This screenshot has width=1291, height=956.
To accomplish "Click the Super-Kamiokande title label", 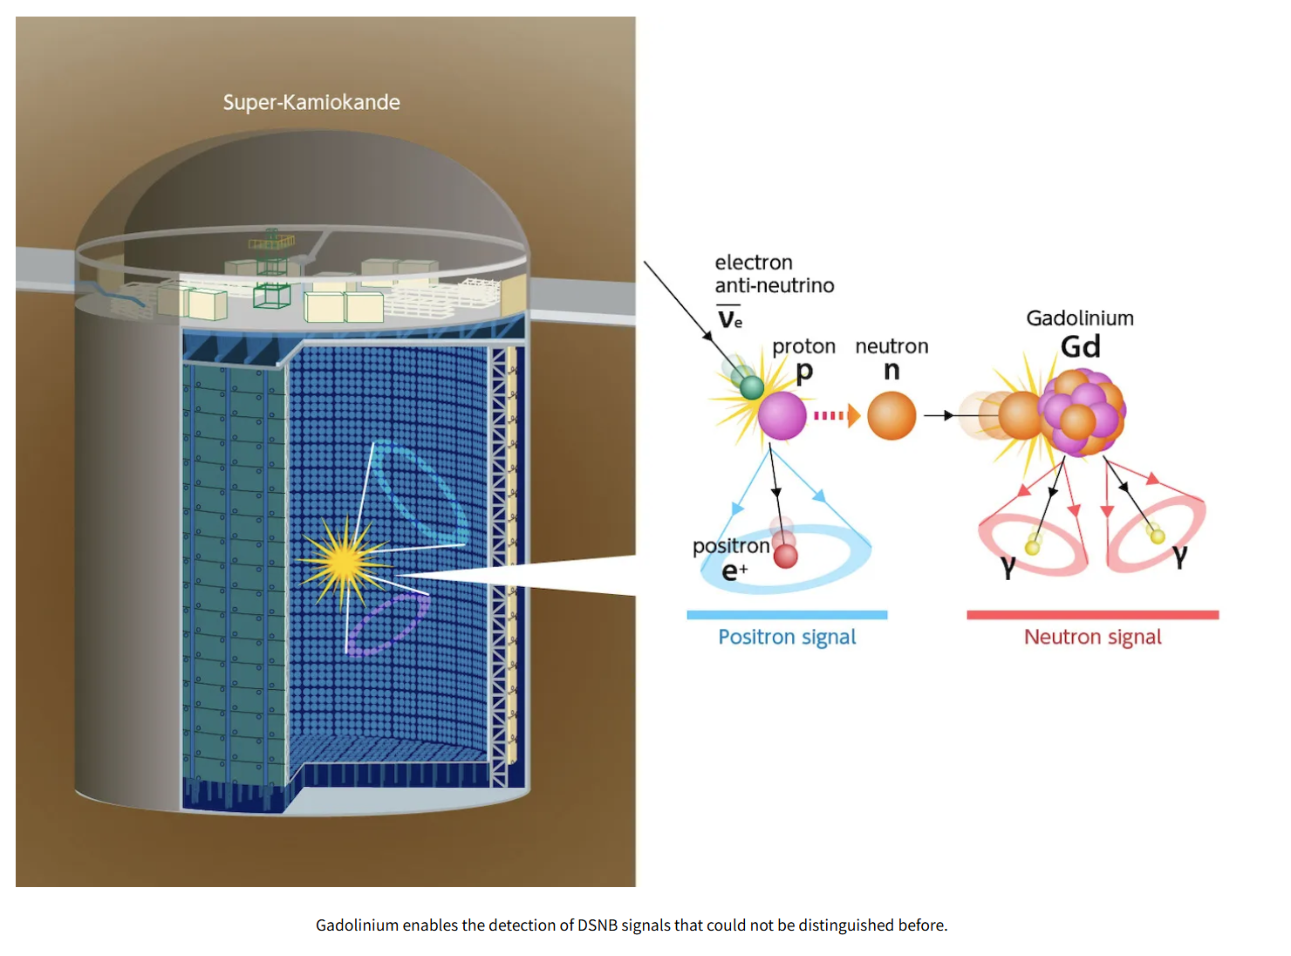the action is click(x=311, y=102).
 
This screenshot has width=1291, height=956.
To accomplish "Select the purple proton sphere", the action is click(x=782, y=416).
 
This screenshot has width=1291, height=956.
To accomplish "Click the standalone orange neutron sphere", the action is click(x=891, y=416).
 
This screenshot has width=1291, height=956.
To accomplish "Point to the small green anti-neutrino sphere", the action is click(x=751, y=387).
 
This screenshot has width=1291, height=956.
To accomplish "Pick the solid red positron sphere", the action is click(x=785, y=556).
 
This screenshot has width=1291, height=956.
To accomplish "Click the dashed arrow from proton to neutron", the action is click(x=837, y=416).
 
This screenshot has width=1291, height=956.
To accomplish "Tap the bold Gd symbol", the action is click(x=1080, y=347).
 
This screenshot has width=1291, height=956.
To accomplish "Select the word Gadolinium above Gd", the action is click(x=1080, y=318).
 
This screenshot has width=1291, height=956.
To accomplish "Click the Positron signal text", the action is click(x=787, y=637).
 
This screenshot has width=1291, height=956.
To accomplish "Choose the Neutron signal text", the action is click(x=1092, y=637).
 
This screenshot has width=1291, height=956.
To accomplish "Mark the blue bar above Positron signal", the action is click(x=787, y=615).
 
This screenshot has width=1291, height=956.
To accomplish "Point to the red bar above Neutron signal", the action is click(x=1092, y=615).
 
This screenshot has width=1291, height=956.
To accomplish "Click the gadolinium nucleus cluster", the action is click(x=1083, y=413).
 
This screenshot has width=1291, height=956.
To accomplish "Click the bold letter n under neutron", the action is click(x=891, y=371).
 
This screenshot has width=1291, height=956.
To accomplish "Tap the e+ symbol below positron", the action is click(x=734, y=571).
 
